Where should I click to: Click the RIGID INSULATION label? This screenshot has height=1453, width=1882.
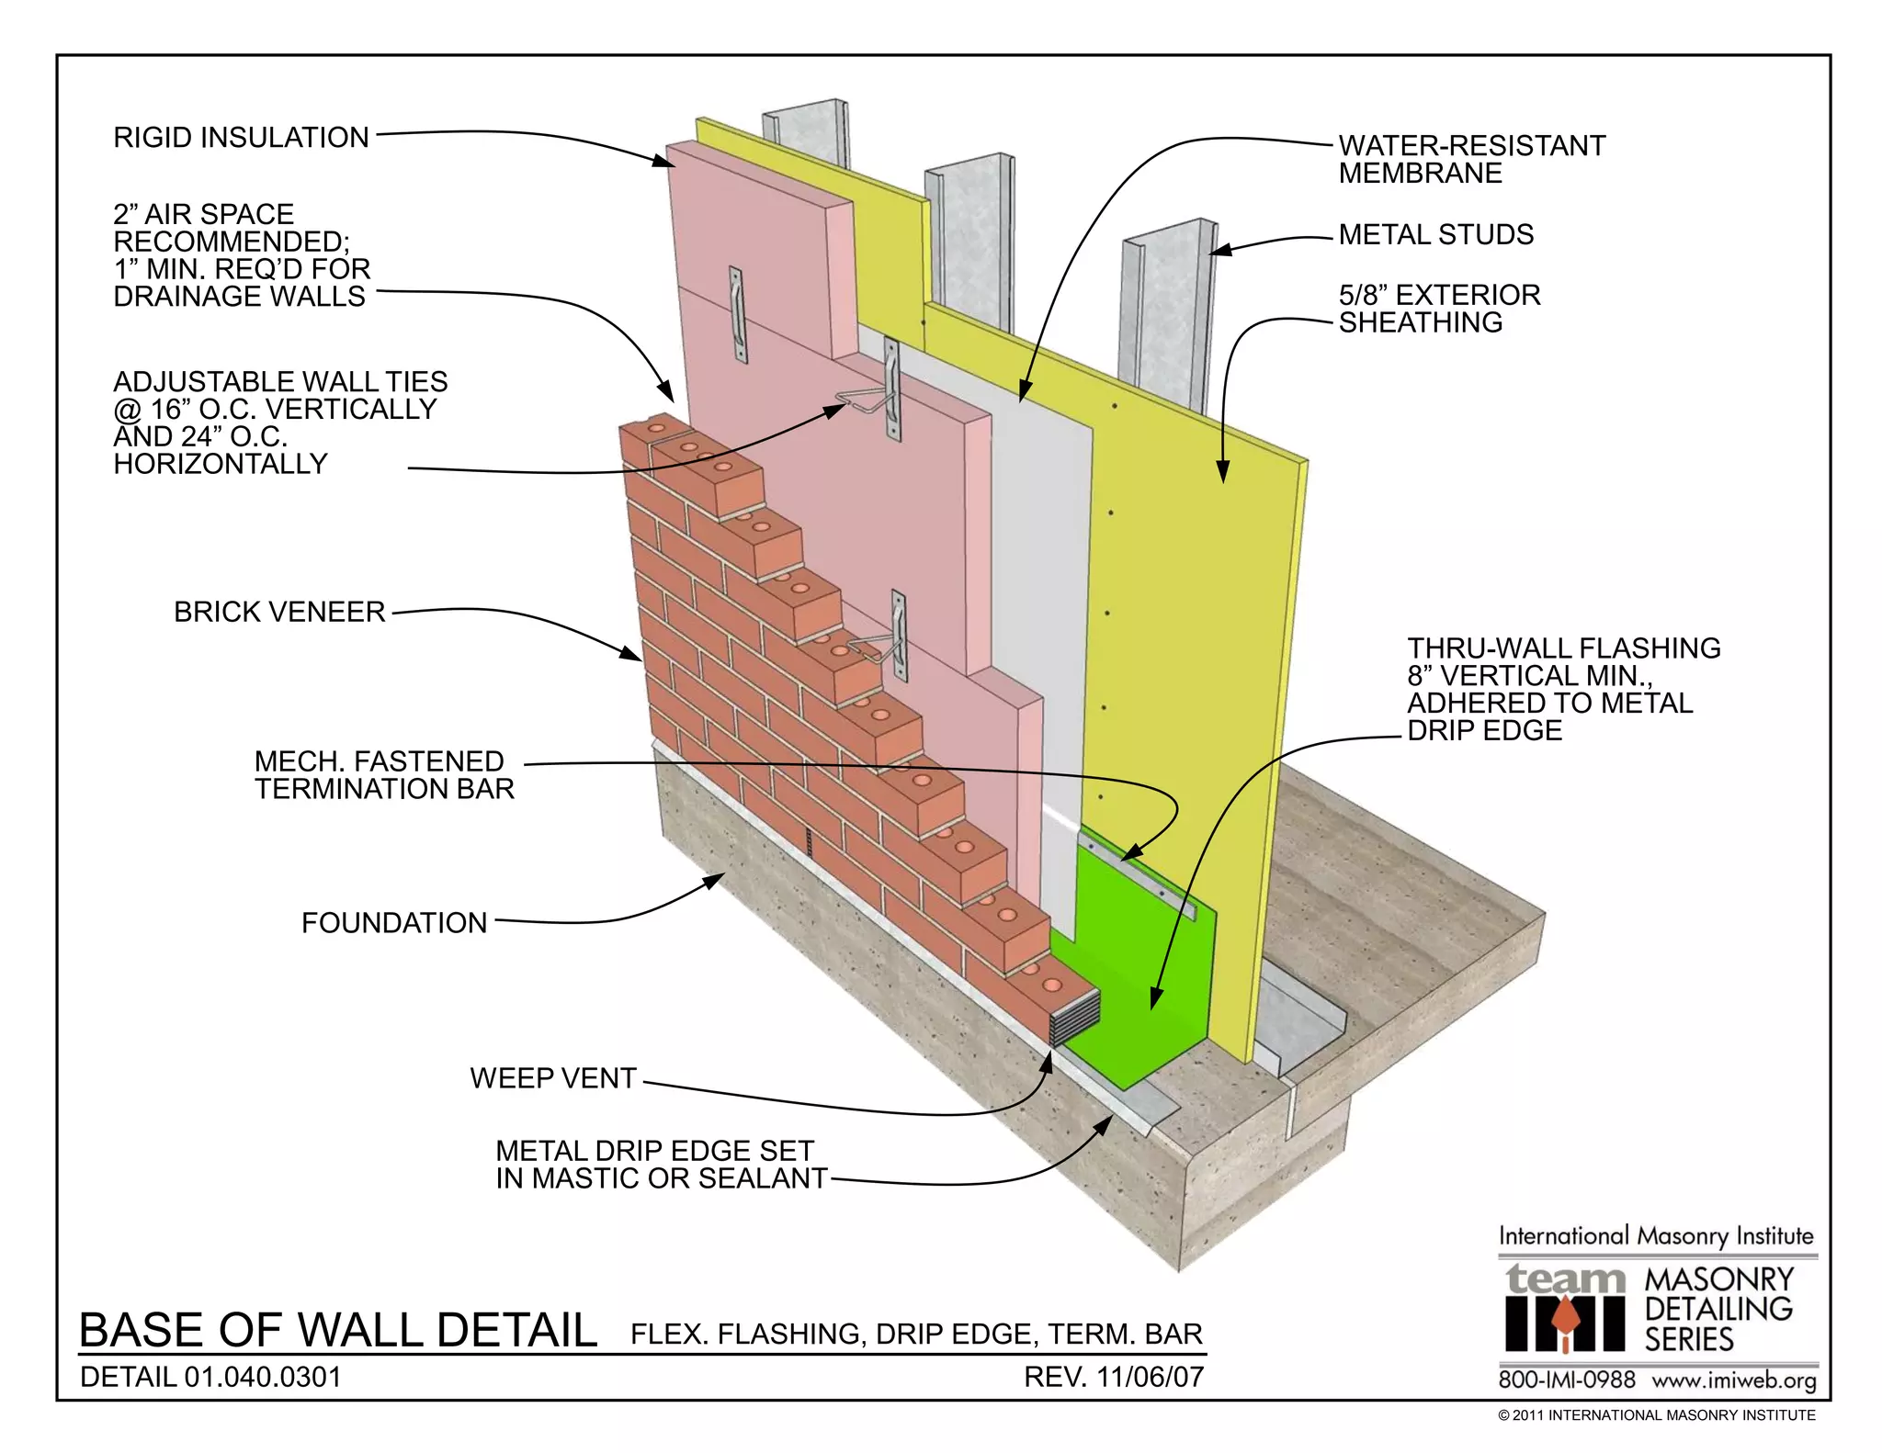tap(241, 138)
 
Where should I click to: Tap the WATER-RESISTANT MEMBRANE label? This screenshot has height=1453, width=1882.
tap(1470, 159)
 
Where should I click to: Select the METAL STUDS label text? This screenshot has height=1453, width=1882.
tap(1435, 235)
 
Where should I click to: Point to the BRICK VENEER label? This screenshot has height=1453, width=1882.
tap(279, 613)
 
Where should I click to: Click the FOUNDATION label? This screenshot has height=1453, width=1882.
tap(394, 923)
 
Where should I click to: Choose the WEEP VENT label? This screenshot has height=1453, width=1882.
tap(553, 1078)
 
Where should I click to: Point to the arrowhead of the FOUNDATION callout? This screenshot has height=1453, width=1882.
tap(715, 880)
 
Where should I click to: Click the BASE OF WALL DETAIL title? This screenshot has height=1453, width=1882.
tap(338, 1331)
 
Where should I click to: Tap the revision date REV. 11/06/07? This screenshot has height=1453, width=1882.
tap(1113, 1377)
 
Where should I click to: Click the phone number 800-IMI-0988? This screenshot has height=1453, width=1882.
tap(1567, 1380)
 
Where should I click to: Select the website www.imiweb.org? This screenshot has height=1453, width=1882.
tap(1733, 1380)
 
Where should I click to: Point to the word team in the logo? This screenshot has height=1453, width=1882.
tap(1565, 1279)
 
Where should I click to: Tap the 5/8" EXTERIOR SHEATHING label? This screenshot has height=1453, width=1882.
tap(1438, 309)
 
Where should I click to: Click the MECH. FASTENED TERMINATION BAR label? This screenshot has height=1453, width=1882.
tap(383, 775)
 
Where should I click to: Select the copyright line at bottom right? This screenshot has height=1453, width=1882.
tap(1656, 1415)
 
